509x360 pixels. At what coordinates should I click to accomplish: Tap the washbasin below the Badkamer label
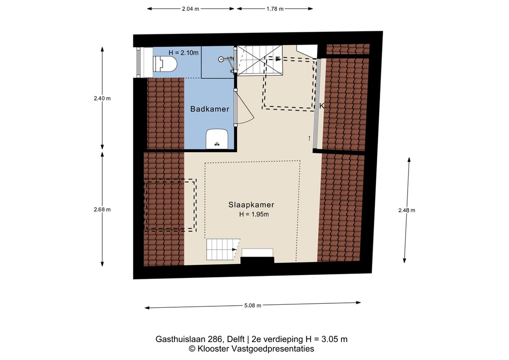pos(217,139)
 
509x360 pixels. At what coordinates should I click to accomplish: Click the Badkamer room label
pos(210,109)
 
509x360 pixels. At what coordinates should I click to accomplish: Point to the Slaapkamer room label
pos(251,204)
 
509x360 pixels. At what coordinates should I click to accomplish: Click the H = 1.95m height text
pos(254,214)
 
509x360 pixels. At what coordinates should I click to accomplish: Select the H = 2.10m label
pos(183,53)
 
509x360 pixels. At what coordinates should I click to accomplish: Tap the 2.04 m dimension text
pos(190,9)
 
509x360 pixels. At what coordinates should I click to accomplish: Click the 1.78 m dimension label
pos(275,9)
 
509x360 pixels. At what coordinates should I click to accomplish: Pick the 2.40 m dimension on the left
pos(102,98)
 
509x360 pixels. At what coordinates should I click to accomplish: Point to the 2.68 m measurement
pos(102,209)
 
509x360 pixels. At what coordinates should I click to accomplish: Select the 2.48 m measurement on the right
pos(407,210)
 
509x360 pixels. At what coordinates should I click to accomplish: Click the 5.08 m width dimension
pos(253,305)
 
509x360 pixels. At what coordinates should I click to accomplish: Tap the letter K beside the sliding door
pos(322,106)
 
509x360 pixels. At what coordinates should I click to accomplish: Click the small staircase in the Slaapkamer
pos(222,249)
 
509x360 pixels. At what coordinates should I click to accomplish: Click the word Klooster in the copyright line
pos(214,349)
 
